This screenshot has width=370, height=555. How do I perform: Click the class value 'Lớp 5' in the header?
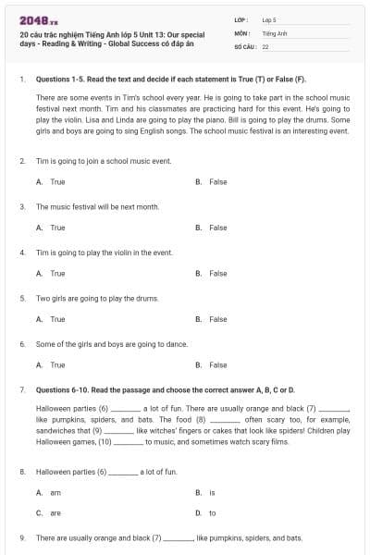point(269,18)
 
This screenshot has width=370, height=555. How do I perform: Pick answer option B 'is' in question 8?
point(212,492)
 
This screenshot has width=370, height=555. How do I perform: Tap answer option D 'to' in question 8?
point(212,512)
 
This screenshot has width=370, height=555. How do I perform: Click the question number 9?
point(21,537)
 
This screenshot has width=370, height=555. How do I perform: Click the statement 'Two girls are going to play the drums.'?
point(97,298)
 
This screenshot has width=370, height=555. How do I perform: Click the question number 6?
point(21,343)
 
